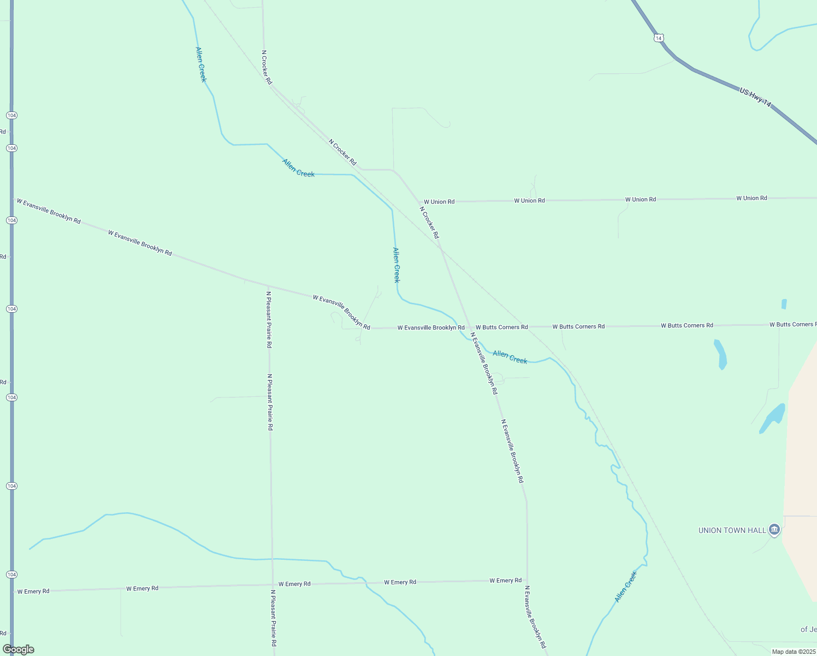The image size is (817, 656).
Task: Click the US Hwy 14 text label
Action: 755,97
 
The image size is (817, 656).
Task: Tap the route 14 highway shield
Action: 659,38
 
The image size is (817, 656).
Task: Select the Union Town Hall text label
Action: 732,530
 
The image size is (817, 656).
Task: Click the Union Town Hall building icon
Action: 774,529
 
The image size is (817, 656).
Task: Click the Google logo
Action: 18,649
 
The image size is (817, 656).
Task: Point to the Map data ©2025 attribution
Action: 793,652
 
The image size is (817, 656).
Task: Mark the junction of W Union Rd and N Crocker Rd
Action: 419,202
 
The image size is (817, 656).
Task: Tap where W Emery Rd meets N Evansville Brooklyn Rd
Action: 527,581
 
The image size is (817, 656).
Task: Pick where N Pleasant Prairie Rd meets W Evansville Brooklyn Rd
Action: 268,286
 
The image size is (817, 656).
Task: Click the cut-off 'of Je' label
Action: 808,629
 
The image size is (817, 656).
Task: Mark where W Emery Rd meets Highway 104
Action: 12,591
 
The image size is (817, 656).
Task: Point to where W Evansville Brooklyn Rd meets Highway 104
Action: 12,199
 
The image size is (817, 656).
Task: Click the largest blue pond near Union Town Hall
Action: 773,418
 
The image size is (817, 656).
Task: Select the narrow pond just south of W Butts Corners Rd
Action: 721,354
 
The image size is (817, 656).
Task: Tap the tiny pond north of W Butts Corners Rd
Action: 784,304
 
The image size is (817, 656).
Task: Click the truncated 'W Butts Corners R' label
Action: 792,325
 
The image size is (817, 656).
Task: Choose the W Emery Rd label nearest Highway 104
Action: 33,591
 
